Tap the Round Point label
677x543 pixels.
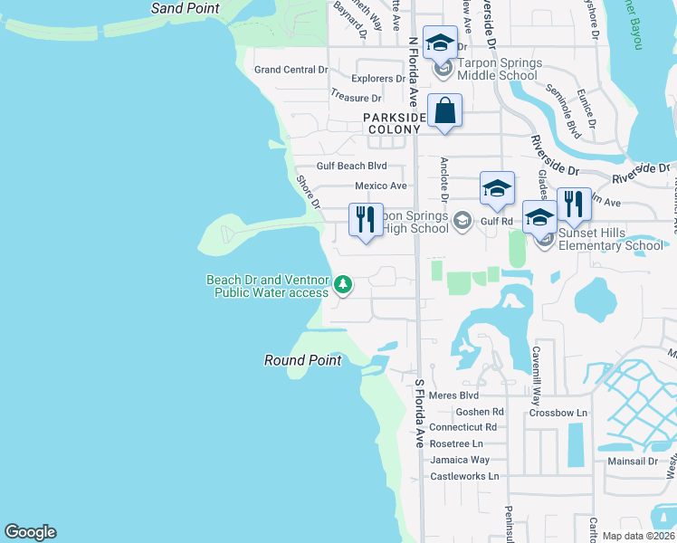click(x=302, y=360)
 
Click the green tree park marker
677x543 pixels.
click(x=343, y=286)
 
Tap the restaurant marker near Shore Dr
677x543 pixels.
click(x=366, y=220)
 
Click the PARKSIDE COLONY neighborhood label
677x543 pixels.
click(x=394, y=124)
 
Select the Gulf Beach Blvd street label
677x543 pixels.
click(x=351, y=166)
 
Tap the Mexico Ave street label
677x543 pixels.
click(x=380, y=186)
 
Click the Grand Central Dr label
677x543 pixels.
click(x=291, y=70)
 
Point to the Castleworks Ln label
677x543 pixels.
click(x=464, y=476)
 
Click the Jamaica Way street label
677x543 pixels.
click(x=460, y=460)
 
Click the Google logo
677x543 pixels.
click(x=30, y=532)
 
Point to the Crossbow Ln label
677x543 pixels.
click(x=558, y=413)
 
